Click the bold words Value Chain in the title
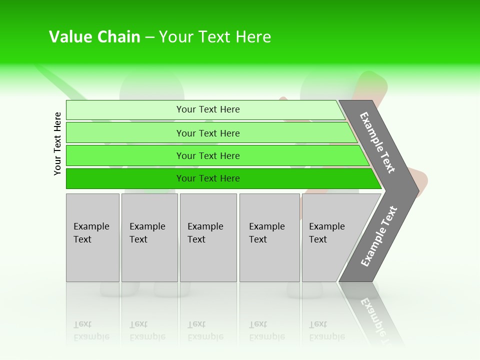pyautogui.click(x=94, y=37)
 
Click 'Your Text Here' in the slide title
pyautogui.click(x=215, y=37)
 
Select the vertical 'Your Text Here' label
pyautogui.click(x=57, y=143)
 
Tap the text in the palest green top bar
pyautogui.click(x=208, y=109)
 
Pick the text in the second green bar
pyautogui.click(x=208, y=133)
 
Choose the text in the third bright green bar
pyautogui.click(x=208, y=156)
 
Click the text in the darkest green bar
pyautogui.click(x=208, y=178)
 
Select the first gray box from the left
pyautogui.click(x=92, y=237)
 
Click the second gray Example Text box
pyautogui.click(x=149, y=237)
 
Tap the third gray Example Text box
pyautogui.click(x=208, y=237)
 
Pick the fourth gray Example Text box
pyautogui.click(x=269, y=237)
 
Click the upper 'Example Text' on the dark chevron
pyautogui.click(x=377, y=142)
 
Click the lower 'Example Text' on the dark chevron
pyautogui.click(x=379, y=236)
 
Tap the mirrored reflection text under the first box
pyautogui.click(x=91, y=330)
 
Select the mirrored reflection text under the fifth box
pyautogui.click(x=326, y=330)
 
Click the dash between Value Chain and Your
pyautogui.click(x=149, y=37)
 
